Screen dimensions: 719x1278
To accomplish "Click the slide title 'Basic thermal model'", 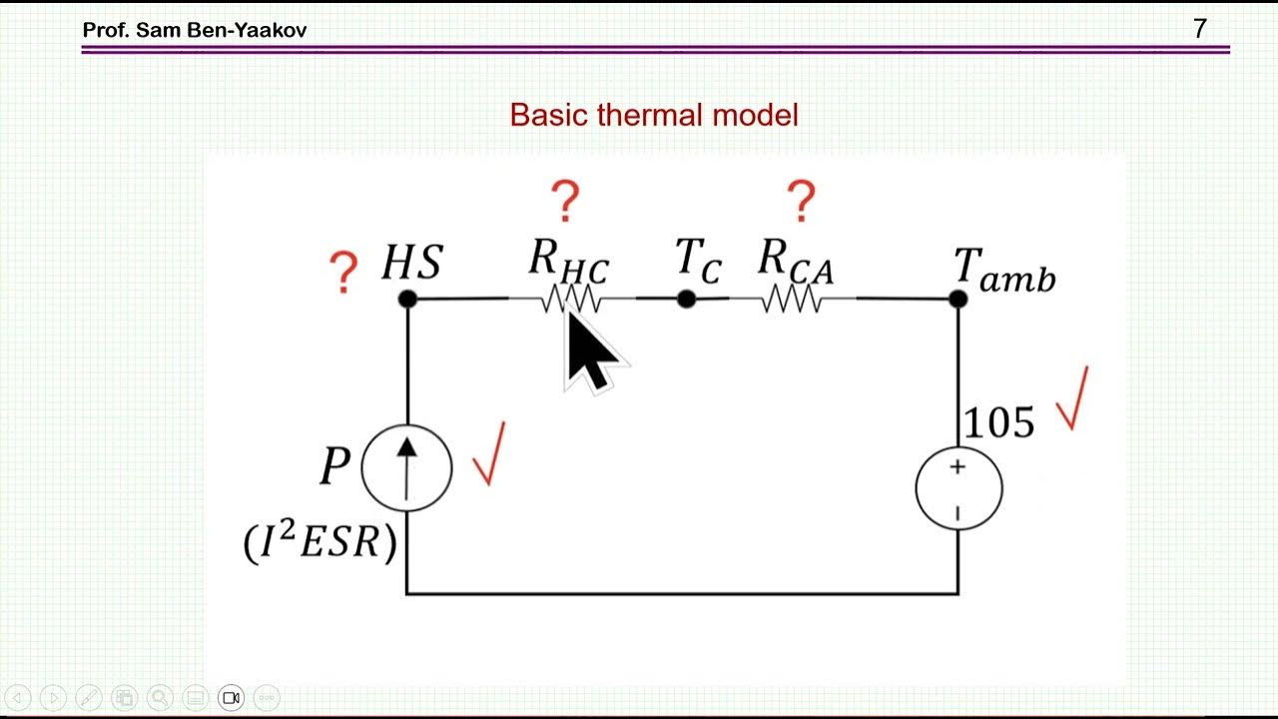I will tap(654, 115).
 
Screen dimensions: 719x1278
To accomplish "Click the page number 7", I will tap(1200, 29).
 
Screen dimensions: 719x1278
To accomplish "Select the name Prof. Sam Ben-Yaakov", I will tap(195, 30).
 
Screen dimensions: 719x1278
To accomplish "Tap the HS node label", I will tap(411, 263).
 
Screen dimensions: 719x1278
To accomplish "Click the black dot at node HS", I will tap(407, 299).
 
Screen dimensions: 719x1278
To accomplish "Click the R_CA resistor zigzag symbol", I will tap(793, 299).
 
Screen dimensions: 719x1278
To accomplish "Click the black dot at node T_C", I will tap(686, 299).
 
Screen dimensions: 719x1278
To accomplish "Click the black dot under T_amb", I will tap(958, 299).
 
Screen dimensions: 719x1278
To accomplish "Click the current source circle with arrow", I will tap(406, 467).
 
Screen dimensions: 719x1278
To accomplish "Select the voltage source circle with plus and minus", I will tap(958, 487).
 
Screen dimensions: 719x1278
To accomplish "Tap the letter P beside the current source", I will tap(334, 466).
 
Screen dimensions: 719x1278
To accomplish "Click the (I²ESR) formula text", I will tap(320, 542).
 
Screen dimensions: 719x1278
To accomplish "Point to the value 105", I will tap(997, 423).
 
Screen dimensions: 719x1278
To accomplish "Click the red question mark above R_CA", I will tap(801, 202).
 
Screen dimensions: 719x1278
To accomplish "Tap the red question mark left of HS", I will tap(343, 272).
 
